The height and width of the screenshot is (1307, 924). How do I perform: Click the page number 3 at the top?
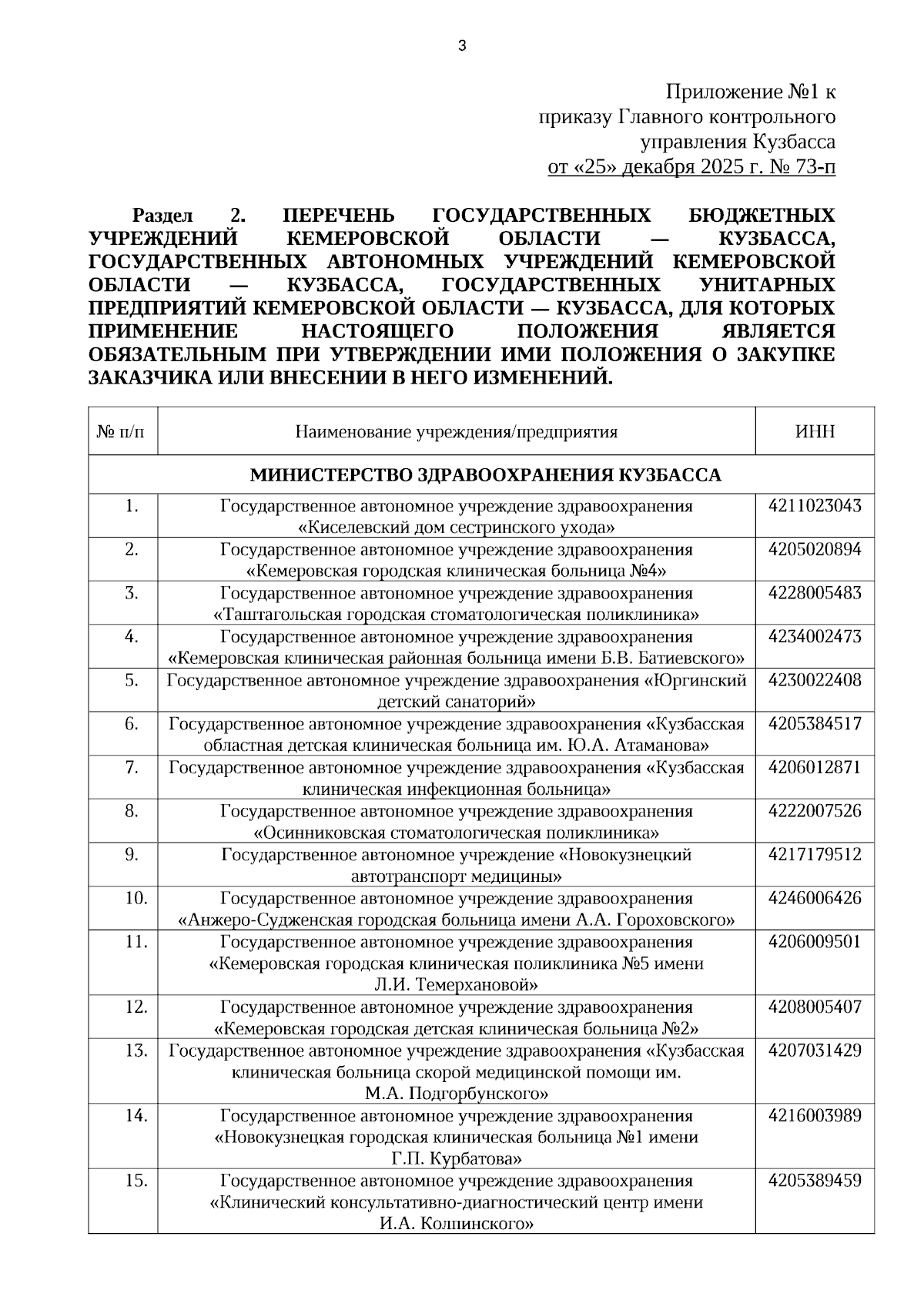[462, 46]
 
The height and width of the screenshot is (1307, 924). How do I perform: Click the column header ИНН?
[815, 431]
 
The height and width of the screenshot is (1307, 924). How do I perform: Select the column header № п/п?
[122, 431]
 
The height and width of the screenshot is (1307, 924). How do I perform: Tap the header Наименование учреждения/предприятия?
[456, 431]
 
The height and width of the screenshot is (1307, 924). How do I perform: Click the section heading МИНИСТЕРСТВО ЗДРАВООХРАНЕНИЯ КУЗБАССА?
[485, 475]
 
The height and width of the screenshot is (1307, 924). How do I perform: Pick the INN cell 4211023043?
[815, 507]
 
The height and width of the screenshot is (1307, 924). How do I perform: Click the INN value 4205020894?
[815, 550]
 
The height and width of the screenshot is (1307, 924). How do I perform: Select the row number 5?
[132, 681]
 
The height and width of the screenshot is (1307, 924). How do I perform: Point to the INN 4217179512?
[815, 855]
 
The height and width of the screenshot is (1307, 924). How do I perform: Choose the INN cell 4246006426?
[815, 899]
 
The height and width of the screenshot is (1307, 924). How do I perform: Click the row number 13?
[136, 1051]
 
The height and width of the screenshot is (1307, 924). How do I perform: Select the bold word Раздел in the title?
[162, 215]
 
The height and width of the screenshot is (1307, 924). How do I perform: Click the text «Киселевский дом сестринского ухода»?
[456, 528]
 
